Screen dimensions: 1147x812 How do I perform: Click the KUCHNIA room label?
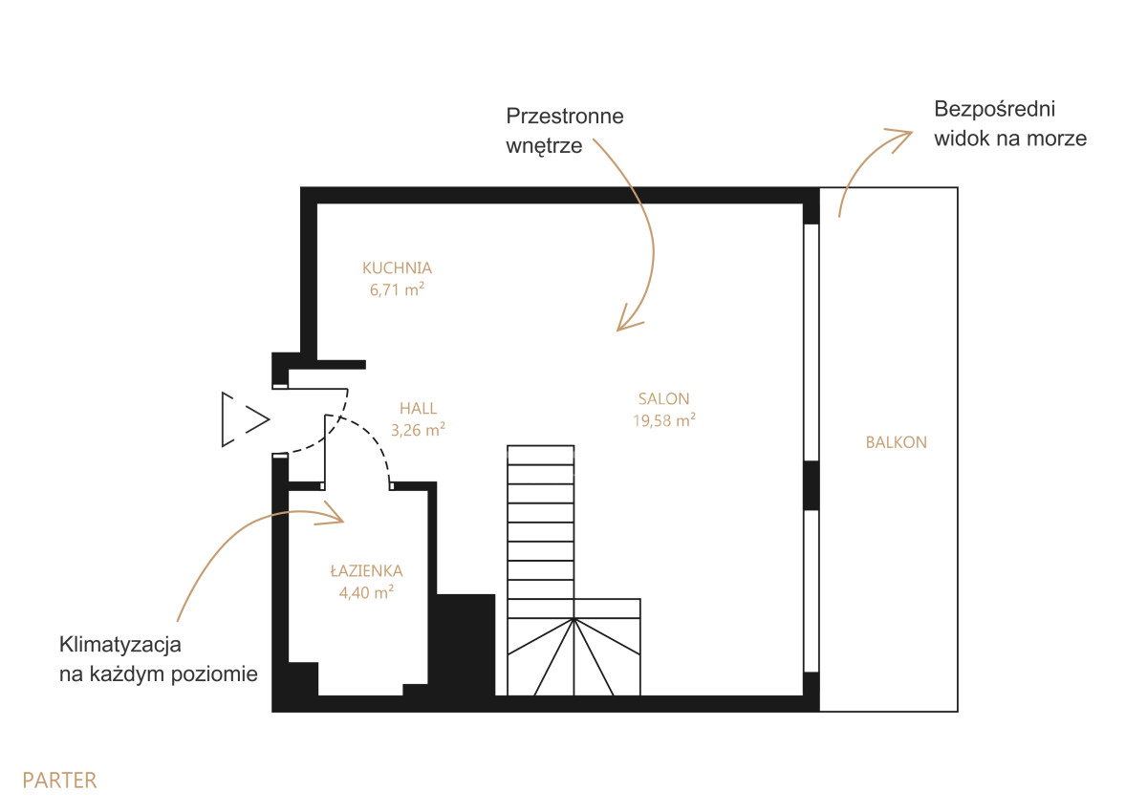pos(397,268)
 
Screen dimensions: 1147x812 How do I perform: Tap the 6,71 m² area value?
pos(397,289)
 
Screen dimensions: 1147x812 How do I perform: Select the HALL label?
pos(418,408)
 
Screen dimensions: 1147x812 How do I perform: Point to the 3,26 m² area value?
pos(418,430)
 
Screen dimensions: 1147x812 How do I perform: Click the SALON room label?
pos(663,399)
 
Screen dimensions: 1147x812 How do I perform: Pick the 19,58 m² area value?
pos(663,420)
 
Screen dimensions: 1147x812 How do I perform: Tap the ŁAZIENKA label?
pos(366,570)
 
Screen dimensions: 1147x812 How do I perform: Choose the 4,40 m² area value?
pos(366,592)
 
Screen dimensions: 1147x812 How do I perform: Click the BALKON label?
pos(897,442)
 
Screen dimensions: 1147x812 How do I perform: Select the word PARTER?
pos(59,780)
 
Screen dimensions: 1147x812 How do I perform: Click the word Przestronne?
pos(565,117)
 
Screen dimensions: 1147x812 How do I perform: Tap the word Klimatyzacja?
pos(119,645)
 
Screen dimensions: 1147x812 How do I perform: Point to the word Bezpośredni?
pos(994,110)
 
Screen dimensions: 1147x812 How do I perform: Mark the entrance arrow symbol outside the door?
pos(246,419)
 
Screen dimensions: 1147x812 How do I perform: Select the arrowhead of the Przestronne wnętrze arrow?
pos(627,320)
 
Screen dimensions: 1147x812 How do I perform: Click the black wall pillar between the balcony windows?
pos(812,485)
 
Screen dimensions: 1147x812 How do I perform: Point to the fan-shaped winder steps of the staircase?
pos(573,657)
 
